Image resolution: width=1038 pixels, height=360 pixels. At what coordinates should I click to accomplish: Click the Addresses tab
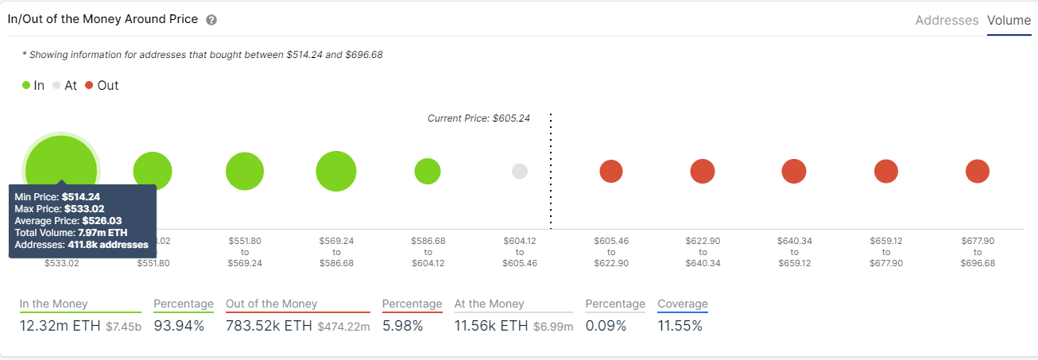(x=947, y=21)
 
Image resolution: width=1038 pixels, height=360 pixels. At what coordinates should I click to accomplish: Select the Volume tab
(x=1009, y=21)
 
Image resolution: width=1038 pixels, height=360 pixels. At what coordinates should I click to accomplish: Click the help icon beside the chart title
(x=211, y=20)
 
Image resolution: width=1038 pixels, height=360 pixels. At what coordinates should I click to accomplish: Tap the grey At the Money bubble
(x=520, y=171)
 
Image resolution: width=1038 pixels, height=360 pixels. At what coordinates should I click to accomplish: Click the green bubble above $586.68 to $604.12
(x=428, y=171)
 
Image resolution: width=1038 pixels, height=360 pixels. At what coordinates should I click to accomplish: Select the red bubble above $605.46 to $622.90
(x=611, y=171)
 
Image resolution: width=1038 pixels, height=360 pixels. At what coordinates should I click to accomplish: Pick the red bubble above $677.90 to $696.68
(x=977, y=171)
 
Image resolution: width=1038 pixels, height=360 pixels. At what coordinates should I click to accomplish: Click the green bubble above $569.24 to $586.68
(x=336, y=171)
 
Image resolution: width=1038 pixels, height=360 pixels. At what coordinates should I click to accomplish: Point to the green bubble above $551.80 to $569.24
(x=245, y=171)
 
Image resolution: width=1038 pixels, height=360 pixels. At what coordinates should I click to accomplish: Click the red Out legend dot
(x=89, y=85)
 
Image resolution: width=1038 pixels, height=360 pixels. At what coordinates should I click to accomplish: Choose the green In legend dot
(x=26, y=85)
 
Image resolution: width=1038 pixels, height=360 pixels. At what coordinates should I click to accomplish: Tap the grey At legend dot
(x=56, y=85)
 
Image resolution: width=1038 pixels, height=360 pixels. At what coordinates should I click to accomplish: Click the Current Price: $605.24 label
(x=478, y=118)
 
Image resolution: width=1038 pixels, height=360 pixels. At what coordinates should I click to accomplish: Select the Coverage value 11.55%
(x=680, y=326)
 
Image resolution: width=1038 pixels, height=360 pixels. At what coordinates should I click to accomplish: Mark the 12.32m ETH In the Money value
(x=60, y=326)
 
